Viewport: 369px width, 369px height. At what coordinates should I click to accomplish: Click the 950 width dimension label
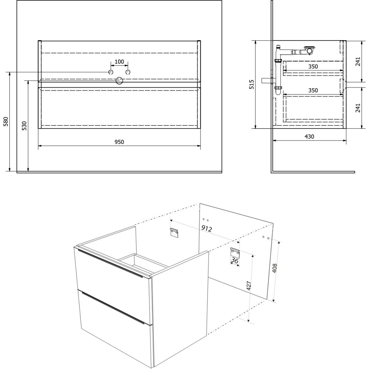click(x=119, y=142)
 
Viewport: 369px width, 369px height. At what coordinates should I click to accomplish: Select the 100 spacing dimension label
click(x=119, y=62)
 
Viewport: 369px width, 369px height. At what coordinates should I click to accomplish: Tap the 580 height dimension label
click(x=6, y=121)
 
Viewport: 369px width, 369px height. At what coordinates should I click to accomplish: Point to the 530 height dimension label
click(x=25, y=126)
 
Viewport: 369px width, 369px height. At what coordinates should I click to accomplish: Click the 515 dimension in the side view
click(x=252, y=84)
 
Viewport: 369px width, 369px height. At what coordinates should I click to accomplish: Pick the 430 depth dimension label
click(x=309, y=137)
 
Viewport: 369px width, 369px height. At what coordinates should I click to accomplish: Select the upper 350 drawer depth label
click(x=313, y=66)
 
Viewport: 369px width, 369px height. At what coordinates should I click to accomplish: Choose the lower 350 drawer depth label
click(x=313, y=90)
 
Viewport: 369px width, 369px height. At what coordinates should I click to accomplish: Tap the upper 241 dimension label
click(x=358, y=61)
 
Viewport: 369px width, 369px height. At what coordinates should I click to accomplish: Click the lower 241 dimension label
click(x=358, y=108)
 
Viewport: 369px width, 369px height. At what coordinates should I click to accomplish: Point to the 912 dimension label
click(x=207, y=228)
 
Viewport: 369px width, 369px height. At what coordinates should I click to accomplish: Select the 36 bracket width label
click(x=235, y=260)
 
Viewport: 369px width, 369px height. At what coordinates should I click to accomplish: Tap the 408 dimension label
click(x=275, y=268)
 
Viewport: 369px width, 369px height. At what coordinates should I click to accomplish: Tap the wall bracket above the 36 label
click(x=235, y=252)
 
